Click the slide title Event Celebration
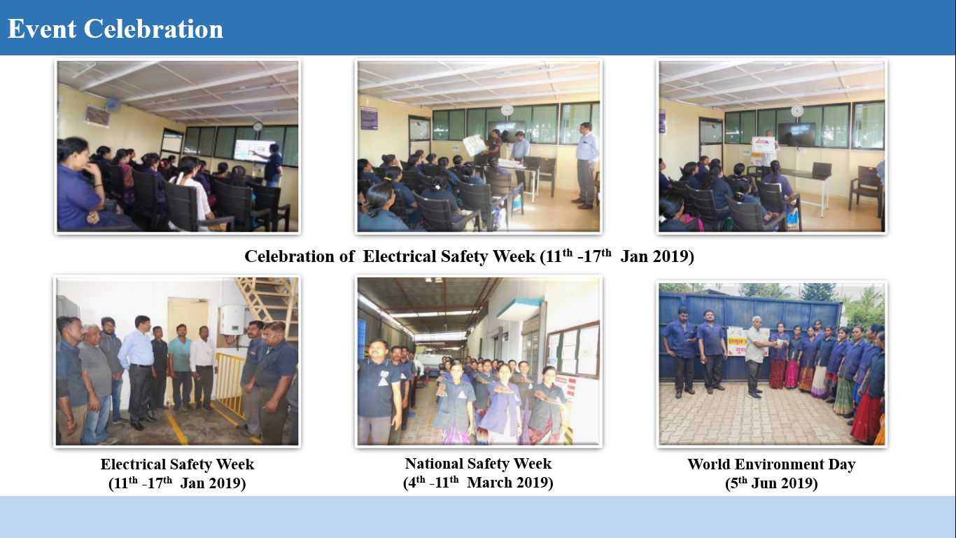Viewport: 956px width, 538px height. (x=115, y=29)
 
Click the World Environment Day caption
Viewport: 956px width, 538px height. (x=771, y=464)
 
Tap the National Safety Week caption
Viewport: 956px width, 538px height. (x=478, y=464)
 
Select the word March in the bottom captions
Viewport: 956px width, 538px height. (x=489, y=483)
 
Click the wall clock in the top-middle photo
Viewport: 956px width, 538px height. (x=507, y=110)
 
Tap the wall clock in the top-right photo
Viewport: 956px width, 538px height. (x=797, y=111)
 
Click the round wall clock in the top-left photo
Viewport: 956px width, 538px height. (x=258, y=127)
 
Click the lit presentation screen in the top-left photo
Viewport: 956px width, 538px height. (x=254, y=151)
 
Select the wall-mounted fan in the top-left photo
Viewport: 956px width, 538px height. (x=113, y=105)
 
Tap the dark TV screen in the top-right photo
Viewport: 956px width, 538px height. (x=796, y=134)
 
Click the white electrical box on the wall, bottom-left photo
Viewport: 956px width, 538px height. (x=232, y=319)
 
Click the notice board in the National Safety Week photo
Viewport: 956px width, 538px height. (x=572, y=350)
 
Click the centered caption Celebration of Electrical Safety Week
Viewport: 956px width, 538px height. (x=469, y=256)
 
